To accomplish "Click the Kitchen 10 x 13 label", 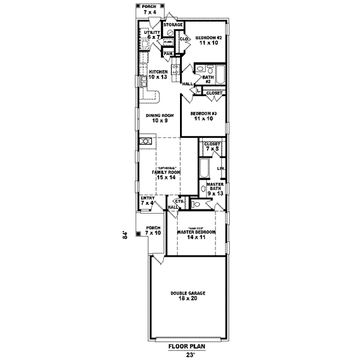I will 158,74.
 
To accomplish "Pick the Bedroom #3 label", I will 202,116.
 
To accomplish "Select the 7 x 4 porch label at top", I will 148,10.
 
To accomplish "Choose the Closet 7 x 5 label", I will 212,146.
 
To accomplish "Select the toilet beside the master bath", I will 193,205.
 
